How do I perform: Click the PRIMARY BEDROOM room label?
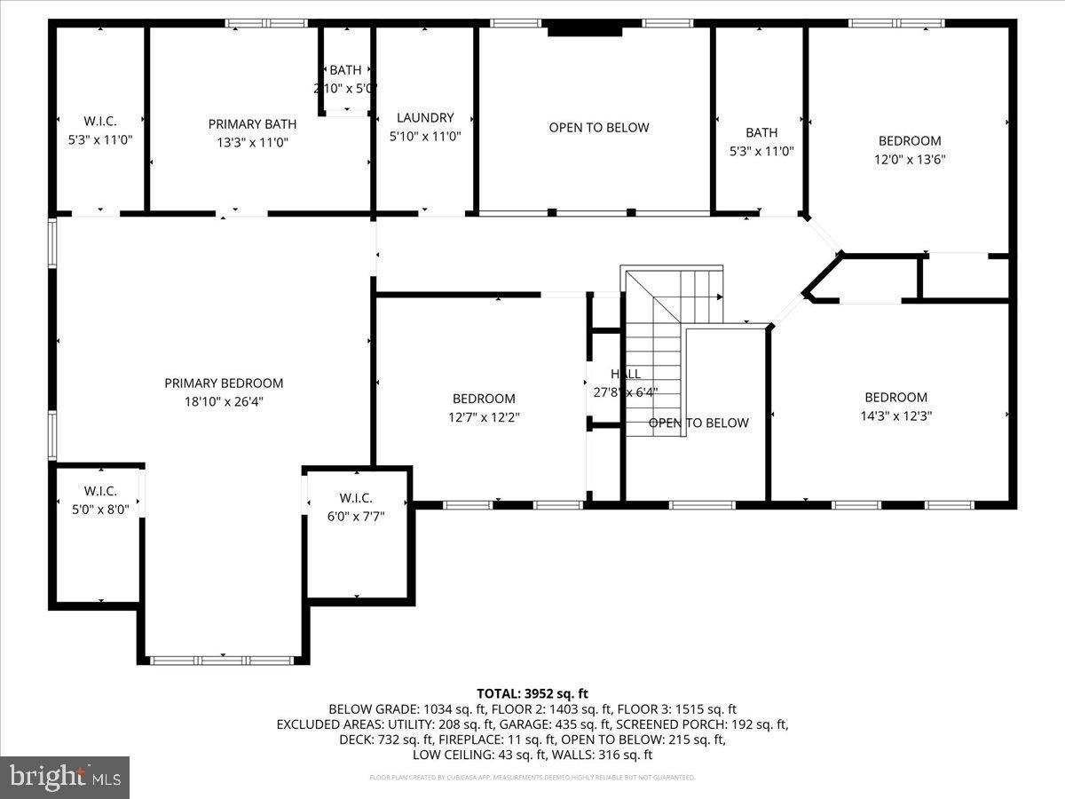pyautogui.click(x=224, y=384)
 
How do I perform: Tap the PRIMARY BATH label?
pyautogui.click(x=252, y=124)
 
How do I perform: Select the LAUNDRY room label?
pyautogui.click(x=425, y=118)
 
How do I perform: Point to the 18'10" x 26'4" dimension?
pyautogui.click(x=224, y=401)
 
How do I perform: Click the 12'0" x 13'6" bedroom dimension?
pyautogui.click(x=910, y=160)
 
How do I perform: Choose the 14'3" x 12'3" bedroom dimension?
pyautogui.click(x=895, y=415)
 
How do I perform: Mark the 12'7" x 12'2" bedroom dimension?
pyautogui.click(x=484, y=416)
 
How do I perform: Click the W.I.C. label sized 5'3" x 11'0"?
pyautogui.click(x=99, y=121)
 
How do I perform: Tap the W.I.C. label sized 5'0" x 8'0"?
pyautogui.click(x=99, y=491)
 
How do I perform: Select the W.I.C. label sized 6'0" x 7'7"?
pyautogui.click(x=355, y=498)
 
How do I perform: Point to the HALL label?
pyautogui.click(x=625, y=374)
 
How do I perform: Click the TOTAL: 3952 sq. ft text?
pyautogui.click(x=532, y=693)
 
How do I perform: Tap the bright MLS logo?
pyautogui.click(x=65, y=778)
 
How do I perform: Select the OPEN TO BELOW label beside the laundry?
pyautogui.click(x=599, y=128)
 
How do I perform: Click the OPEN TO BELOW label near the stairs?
pyautogui.click(x=698, y=423)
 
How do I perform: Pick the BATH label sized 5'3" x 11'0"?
pyautogui.click(x=761, y=133)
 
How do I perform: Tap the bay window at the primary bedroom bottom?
pyautogui.click(x=222, y=661)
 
